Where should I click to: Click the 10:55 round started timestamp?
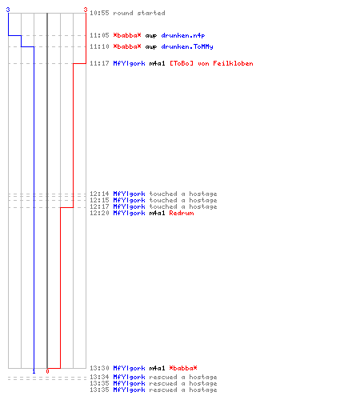pyautogui.click(x=99, y=13)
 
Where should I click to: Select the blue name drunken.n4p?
pyautogui.click(x=183, y=35)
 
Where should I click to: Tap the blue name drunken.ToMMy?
pyautogui.click(x=187, y=46)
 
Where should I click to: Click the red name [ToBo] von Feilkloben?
pyautogui.click(x=211, y=63)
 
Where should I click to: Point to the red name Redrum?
pyautogui.click(x=182, y=213)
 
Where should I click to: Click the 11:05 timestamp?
pyautogui.click(x=99, y=35)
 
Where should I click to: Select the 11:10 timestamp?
pyautogui.click(x=99, y=46)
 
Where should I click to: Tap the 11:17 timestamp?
pyautogui.click(x=99, y=63)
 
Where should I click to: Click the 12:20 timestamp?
pyautogui.click(x=99, y=213)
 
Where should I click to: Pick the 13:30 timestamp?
pyautogui.click(x=99, y=368)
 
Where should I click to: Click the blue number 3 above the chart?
pyautogui.click(x=8, y=10)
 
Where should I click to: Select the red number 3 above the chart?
pyautogui.click(x=86, y=10)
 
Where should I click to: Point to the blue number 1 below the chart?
pyautogui.click(x=34, y=371)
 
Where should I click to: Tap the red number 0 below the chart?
pyautogui.click(x=47, y=371)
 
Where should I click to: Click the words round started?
pyautogui.click(x=139, y=13)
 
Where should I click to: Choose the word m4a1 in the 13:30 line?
pyautogui.click(x=157, y=368)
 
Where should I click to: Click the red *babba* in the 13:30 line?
pyautogui.click(x=183, y=368)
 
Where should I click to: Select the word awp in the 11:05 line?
pyautogui.click(x=151, y=36)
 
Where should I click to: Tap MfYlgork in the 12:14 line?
pyautogui.click(x=129, y=194)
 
